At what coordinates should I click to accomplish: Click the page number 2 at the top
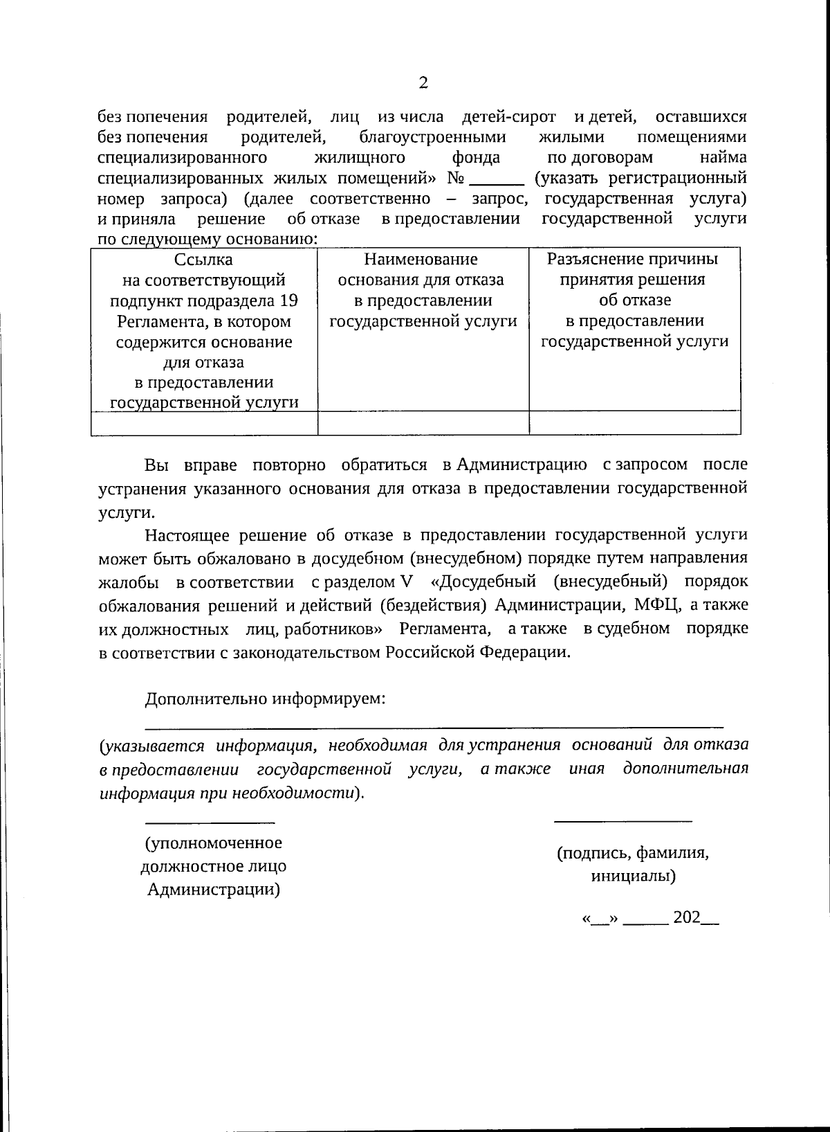pos(423,84)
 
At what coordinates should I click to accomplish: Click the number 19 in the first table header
pos(288,301)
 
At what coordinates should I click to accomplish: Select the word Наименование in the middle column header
pos(421,260)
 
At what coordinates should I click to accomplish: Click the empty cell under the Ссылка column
pos(204,423)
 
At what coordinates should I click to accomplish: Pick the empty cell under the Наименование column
pos(423,423)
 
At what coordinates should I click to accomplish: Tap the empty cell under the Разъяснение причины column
pos(634,423)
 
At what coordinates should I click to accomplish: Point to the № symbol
pos(456,179)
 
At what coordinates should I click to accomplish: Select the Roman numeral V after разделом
pos(406,582)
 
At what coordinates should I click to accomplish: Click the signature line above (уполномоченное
pos(209,822)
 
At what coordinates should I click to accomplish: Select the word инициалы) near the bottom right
pos(633,877)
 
